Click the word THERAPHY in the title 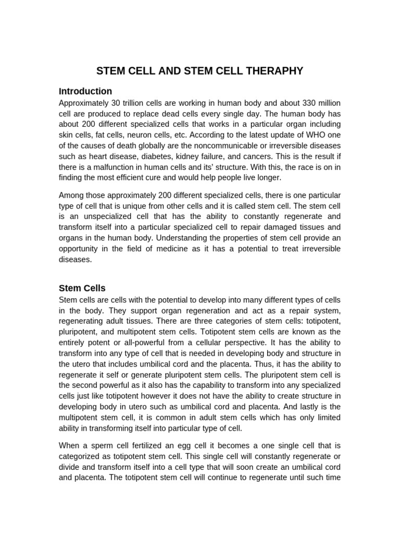pos(272,71)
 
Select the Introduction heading pos(85,91)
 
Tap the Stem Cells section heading pos(82,288)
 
